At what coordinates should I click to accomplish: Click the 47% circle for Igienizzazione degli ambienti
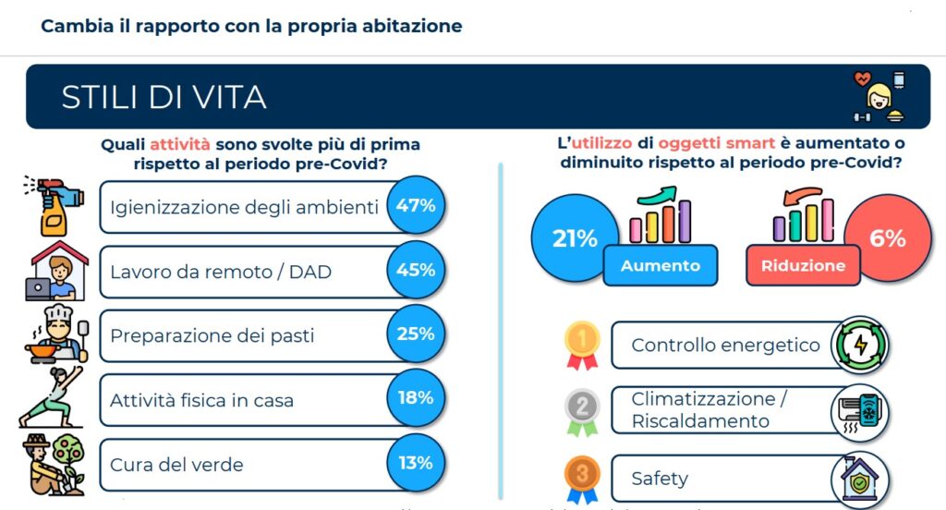(415, 206)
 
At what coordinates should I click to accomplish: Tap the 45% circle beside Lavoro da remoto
(415, 271)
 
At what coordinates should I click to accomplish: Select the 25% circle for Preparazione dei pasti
(415, 334)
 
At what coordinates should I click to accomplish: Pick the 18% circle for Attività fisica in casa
(415, 398)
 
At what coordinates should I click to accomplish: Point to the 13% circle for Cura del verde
(415, 463)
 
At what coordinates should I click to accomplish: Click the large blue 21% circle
(574, 239)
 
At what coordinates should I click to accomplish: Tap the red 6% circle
(887, 239)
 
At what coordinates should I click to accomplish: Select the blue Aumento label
(660, 266)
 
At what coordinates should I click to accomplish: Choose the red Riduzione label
(803, 266)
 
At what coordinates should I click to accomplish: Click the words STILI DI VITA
(164, 97)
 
